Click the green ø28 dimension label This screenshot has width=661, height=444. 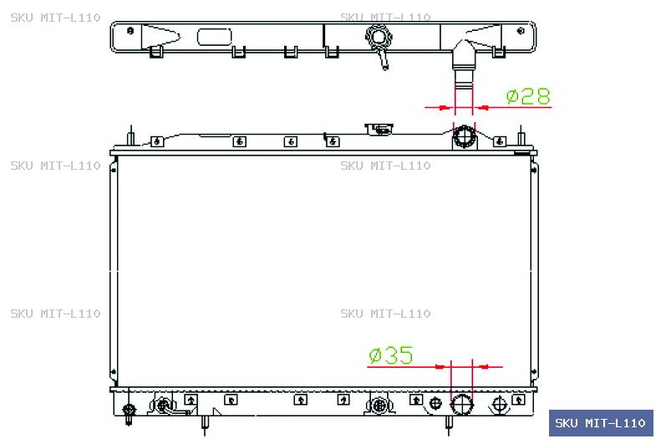click(528, 96)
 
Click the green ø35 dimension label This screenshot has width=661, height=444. click(391, 355)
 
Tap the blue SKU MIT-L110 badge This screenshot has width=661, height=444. click(601, 423)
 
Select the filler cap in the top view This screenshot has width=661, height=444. click(379, 37)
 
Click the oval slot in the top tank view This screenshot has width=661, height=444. click(215, 37)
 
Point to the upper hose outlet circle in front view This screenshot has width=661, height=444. click(464, 136)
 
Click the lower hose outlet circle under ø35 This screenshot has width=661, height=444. click(462, 405)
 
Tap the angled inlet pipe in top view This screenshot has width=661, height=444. click(463, 64)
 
